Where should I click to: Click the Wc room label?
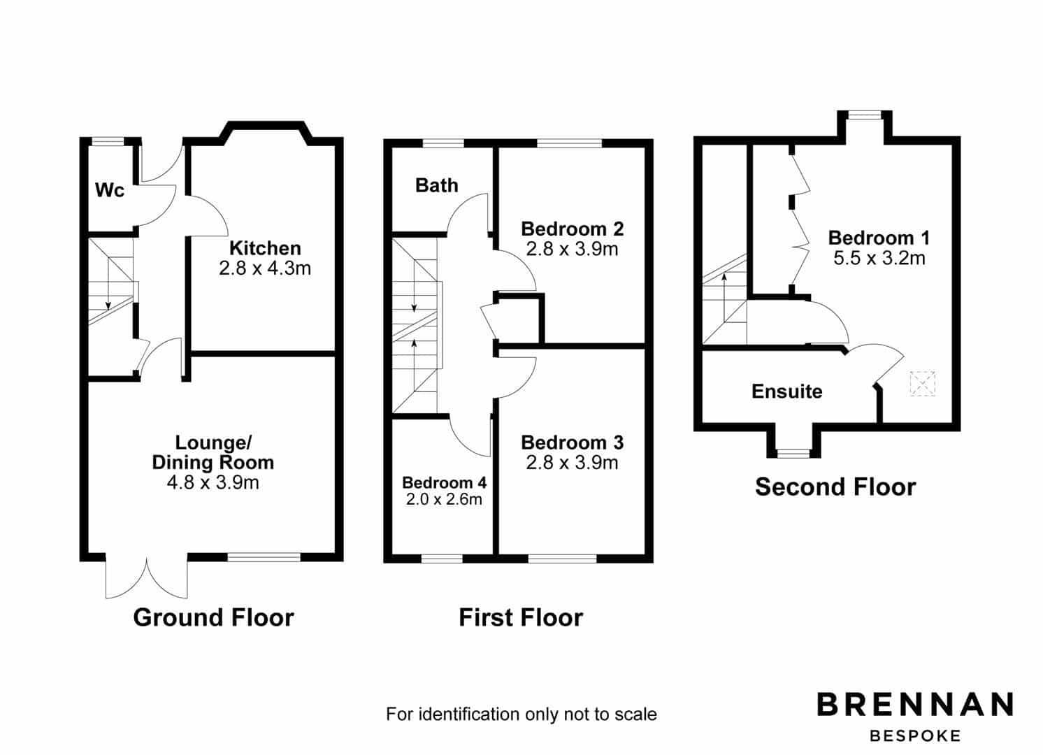(x=110, y=190)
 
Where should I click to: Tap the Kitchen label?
(x=265, y=248)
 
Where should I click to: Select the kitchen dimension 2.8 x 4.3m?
(x=265, y=268)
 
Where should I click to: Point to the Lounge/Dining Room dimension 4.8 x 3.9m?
(x=213, y=482)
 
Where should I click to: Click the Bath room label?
(x=437, y=185)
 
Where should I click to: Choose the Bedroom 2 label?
(x=573, y=229)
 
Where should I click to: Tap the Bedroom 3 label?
(x=573, y=443)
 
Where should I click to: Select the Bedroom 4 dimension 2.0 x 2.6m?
(x=444, y=499)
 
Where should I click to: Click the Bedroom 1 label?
(x=879, y=238)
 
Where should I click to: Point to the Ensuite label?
(x=787, y=391)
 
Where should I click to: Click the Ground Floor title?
(x=213, y=617)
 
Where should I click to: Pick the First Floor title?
(x=521, y=617)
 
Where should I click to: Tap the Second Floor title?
(x=835, y=487)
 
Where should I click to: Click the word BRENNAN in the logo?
(x=915, y=704)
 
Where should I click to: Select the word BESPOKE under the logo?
(x=915, y=736)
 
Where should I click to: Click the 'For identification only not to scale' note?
(x=521, y=714)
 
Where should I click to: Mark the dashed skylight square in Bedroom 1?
(x=922, y=384)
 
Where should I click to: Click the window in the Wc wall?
(x=108, y=141)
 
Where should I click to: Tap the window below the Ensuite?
(x=793, y=454)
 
